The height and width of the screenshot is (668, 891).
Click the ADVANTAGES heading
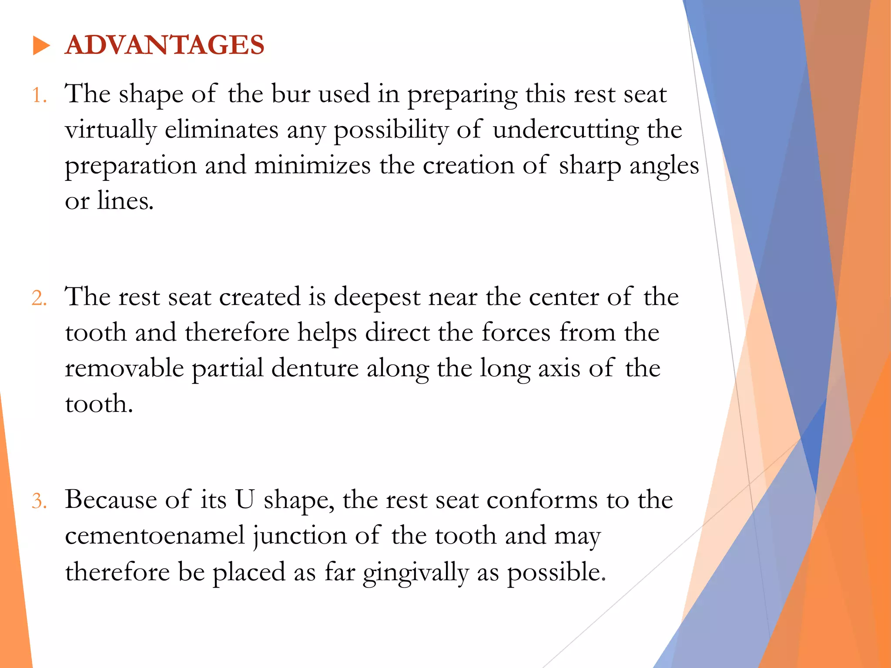point(164,45)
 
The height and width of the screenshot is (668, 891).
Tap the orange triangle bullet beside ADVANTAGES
point(41,46)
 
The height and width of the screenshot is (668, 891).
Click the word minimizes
point(312,166)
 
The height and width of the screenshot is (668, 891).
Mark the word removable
point(124,368)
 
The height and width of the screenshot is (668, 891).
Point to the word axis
point(559,369)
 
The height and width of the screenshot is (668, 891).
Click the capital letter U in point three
point(245,500)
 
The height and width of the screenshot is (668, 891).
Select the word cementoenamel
point(155,535)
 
